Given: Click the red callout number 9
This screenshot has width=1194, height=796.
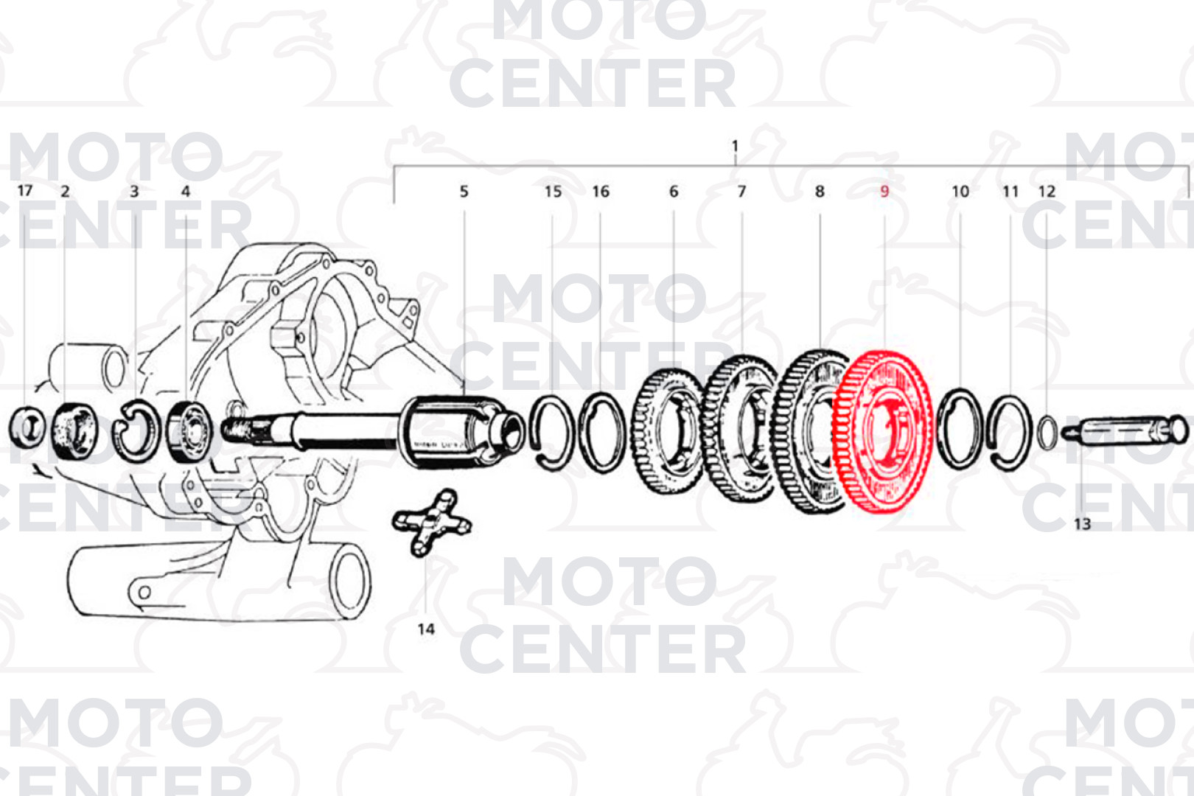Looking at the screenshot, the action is click(x=884, y=191).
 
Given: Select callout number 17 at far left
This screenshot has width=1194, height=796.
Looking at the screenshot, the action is click(x=25, y=190).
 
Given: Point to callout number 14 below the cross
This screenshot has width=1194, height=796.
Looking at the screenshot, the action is click(x=426, y=629).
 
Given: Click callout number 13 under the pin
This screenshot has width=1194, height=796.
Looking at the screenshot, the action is click(x=1082, y=524).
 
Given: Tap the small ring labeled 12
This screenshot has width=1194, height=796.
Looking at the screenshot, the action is click(x=1047, y=432).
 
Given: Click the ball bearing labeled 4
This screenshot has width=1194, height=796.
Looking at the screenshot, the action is click(x=189, y=432).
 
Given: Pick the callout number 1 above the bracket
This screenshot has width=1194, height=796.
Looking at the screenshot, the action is click(x=735, y=145).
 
